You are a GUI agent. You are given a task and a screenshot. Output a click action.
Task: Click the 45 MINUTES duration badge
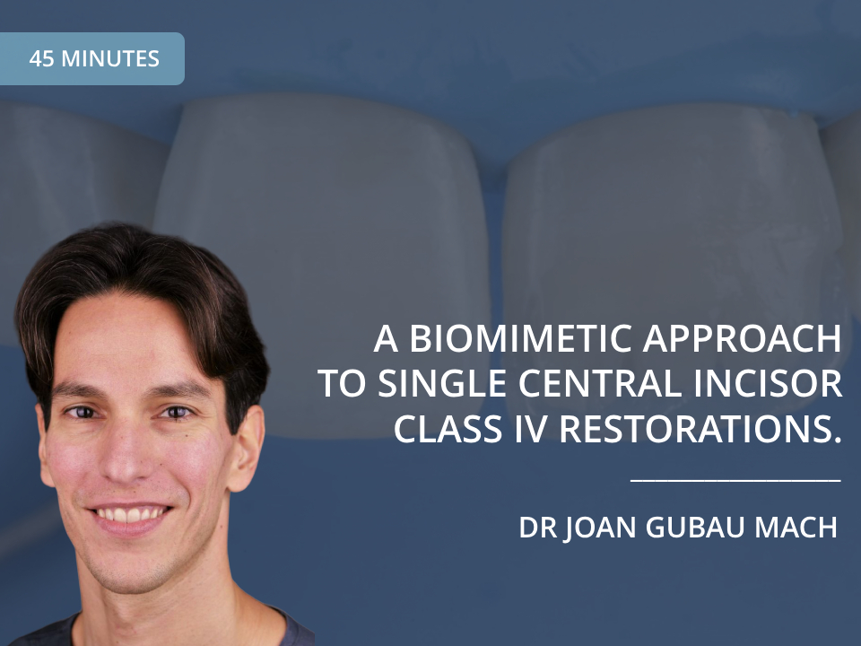coord(92,59)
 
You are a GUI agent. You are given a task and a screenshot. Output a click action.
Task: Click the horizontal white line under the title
coord(735,480)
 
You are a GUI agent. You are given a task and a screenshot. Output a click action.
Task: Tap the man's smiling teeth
coord(132,515)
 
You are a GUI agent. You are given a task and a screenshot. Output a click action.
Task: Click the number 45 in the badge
coord(41,59)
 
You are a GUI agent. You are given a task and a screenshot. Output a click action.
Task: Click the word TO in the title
coord(338,384)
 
